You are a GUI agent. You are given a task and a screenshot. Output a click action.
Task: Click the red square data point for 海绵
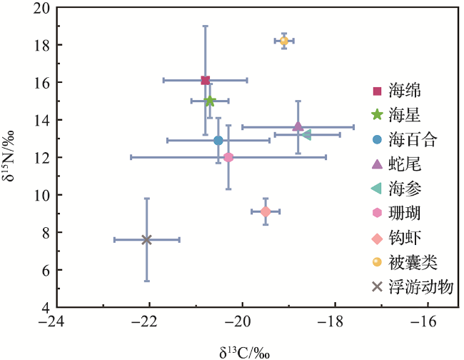point(206,80)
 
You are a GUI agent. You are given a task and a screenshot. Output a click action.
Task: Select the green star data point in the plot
point(210,101)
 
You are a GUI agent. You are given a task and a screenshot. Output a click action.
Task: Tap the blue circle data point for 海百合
point(218,140)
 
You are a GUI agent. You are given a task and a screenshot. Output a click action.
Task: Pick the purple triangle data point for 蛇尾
point(298,126)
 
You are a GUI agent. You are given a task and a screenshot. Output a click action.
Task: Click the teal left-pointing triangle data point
point(307,134)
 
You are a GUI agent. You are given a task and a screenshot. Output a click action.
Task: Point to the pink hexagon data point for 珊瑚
point(228,157)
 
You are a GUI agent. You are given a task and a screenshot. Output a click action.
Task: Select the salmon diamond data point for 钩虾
point(266,211)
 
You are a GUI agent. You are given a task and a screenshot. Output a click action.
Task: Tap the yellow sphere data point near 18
point(284,41)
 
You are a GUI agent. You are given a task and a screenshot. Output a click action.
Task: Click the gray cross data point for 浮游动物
point(147,240)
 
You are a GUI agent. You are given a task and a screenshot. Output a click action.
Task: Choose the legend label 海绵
point(404,91)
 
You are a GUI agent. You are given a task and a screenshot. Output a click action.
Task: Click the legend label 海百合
point(412,140)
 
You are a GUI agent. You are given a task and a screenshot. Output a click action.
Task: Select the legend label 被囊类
point(412,262)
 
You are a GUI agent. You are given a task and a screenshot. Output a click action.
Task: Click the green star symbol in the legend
point(377,115)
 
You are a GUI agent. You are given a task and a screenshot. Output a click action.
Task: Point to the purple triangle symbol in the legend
point(377,164)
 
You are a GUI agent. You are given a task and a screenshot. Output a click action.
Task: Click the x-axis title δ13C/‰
point(243,349)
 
